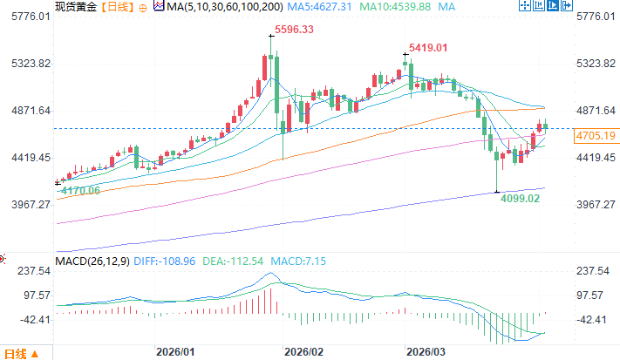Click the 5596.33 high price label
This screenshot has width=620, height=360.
293,30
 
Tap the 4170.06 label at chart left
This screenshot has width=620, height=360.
77,190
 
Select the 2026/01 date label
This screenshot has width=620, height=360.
174,352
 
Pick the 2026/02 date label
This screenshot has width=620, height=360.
304,352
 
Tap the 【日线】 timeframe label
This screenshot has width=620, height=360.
116,6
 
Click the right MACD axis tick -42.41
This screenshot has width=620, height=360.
595,319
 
